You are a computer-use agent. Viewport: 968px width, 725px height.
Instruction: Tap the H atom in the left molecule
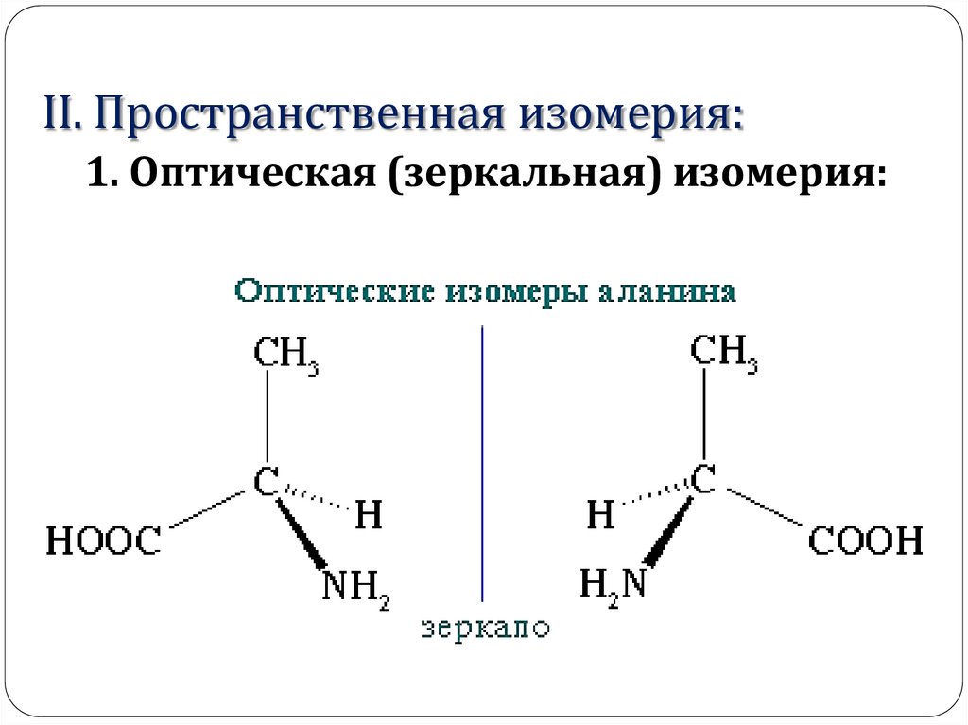click(x=370, y=516)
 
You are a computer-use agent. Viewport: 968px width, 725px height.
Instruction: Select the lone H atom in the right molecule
click(x=600, y=516)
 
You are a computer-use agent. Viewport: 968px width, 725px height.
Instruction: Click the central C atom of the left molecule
click(x=267, y=483)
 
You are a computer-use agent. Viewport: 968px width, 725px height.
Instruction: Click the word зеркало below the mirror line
click(x=485, y=629)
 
